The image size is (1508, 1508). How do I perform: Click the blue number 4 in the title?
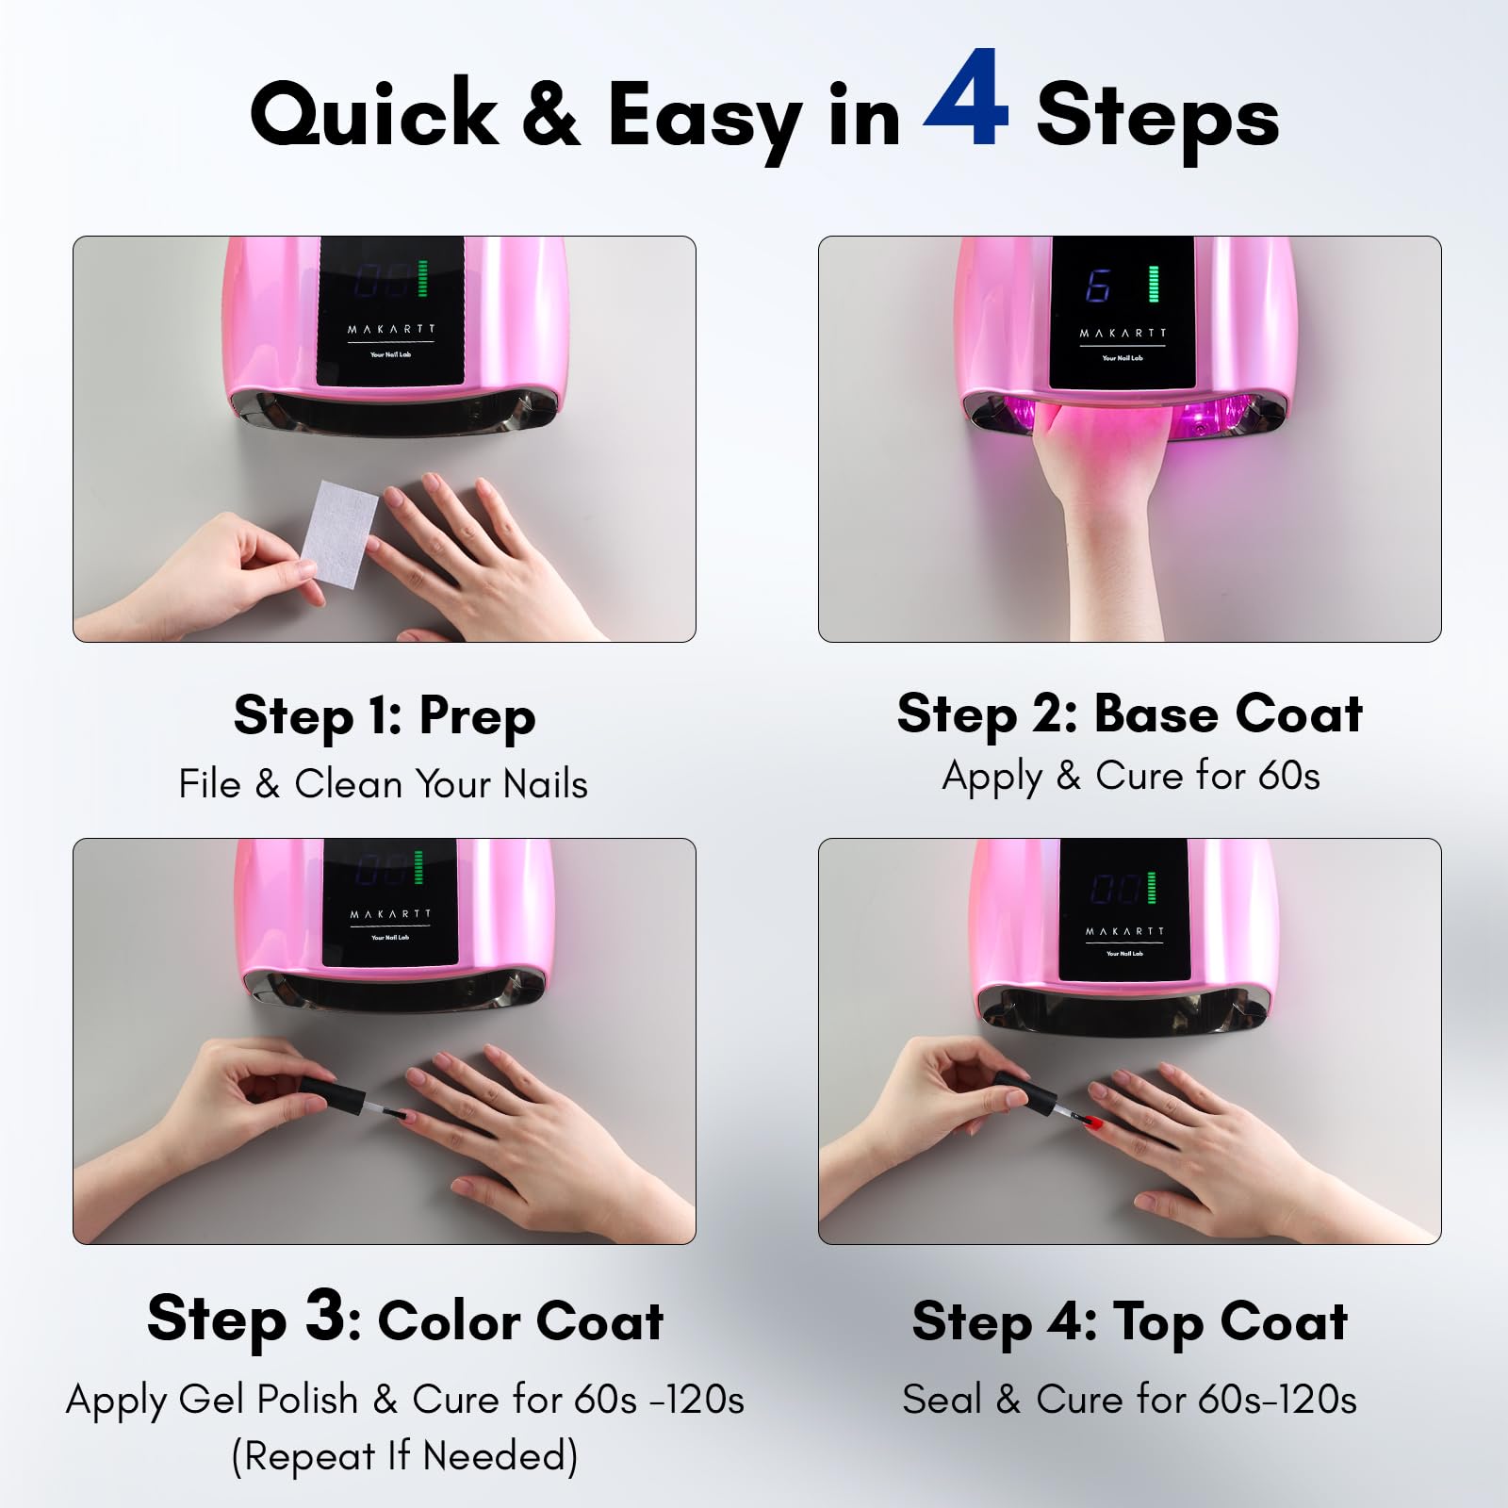click(x=967, y=99)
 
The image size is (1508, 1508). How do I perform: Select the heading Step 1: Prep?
click(x=385, y=716)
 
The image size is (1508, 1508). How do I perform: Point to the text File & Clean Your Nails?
click(x=383, y=784)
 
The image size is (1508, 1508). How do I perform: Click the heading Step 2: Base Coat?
click(x=1130, y=713)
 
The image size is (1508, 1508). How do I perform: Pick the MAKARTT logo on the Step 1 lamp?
click(x=392, y=329)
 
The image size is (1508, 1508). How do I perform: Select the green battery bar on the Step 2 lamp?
click(x=1154, y=284)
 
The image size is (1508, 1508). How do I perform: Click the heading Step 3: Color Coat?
click(x=405, y=1318)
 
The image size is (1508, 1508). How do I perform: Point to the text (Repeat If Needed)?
click(x=404, y=1456)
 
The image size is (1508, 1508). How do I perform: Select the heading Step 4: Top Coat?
click(x=1130, y=1320)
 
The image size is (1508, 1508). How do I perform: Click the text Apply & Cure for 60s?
click(x=1131, y=776)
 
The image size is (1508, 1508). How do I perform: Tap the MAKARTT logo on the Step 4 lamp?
click(x=1124, y=931)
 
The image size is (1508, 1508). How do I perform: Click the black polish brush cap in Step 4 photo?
click(x=1024, y=1093)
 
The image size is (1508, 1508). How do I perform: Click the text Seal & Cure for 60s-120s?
click(x=1129, y=1400)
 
